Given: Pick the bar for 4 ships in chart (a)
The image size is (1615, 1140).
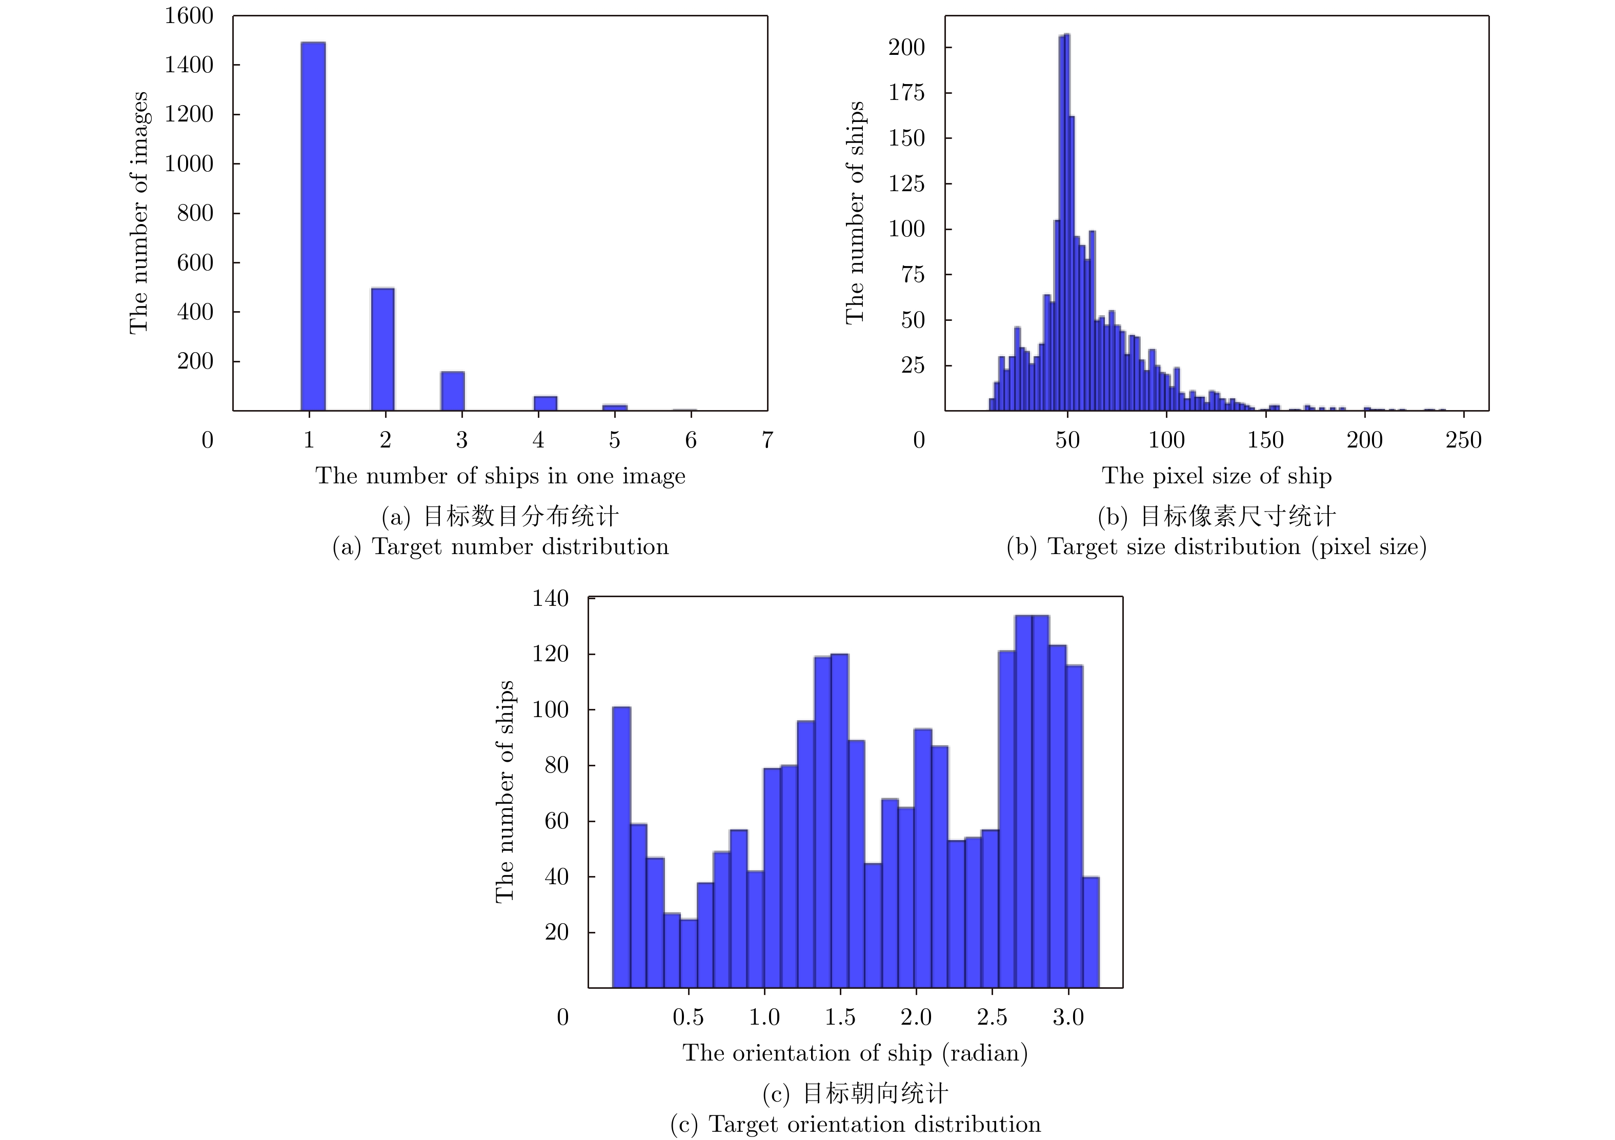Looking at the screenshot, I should pyautogui.click(x=545, y=403).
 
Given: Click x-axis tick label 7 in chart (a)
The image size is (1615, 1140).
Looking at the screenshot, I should pyautogui.click(x=768, y=440).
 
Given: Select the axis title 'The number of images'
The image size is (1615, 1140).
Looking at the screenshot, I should pyautogui.click(x=138, y=212).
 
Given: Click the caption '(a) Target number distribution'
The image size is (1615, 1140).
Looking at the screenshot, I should pyautogui.click(x=500, y=547).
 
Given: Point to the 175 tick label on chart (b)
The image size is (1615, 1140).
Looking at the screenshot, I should pyautogui.click(x=906, y=93).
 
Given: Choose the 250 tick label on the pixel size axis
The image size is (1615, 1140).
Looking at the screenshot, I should pyautogui.click(x=1463, y=440).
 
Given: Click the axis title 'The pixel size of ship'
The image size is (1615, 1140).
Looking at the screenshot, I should pyautogui.click(x=1216, y=476).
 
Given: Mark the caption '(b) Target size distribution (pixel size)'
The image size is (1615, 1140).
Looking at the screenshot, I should pyautogui.click(x=1216, y=547).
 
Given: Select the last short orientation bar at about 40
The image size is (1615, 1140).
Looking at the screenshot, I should pyautogui.click(x=1091, y=932).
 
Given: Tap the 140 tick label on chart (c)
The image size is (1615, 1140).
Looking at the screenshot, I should pyautogui.click(x=550, y=599).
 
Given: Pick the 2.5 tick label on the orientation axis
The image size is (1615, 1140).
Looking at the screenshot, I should pyautogui.click(x=992, y=1017).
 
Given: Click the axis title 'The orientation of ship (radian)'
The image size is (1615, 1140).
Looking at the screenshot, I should pyautogui.click(x=855, y=1053).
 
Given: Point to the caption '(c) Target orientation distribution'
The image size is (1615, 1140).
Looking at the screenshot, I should pyautogui.click(x=855, y=1124).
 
